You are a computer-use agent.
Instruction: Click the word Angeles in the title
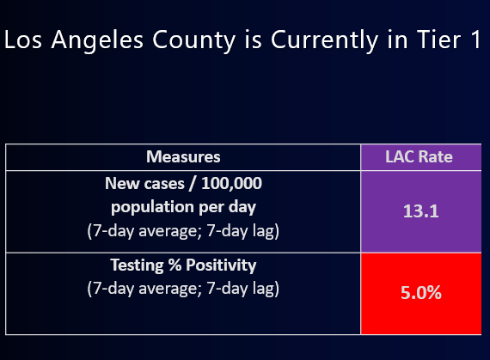point(97,41)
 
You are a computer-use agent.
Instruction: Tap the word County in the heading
point(193,41)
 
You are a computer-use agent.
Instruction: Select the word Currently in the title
point(325,41)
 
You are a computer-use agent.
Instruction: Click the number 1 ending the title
point(475,40)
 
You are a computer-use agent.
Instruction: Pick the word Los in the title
point(23,40)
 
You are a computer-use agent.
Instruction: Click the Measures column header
point(183,156)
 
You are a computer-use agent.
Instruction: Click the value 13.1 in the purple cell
point(420,211)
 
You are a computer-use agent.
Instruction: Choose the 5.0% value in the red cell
point(421,293)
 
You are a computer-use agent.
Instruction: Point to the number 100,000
point(231,183)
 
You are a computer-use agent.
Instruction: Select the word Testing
point(137,265)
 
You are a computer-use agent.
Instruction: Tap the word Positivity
point(221,265)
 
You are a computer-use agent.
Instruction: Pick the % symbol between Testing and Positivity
point(175,265)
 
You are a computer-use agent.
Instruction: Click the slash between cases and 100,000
point(193,184)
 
